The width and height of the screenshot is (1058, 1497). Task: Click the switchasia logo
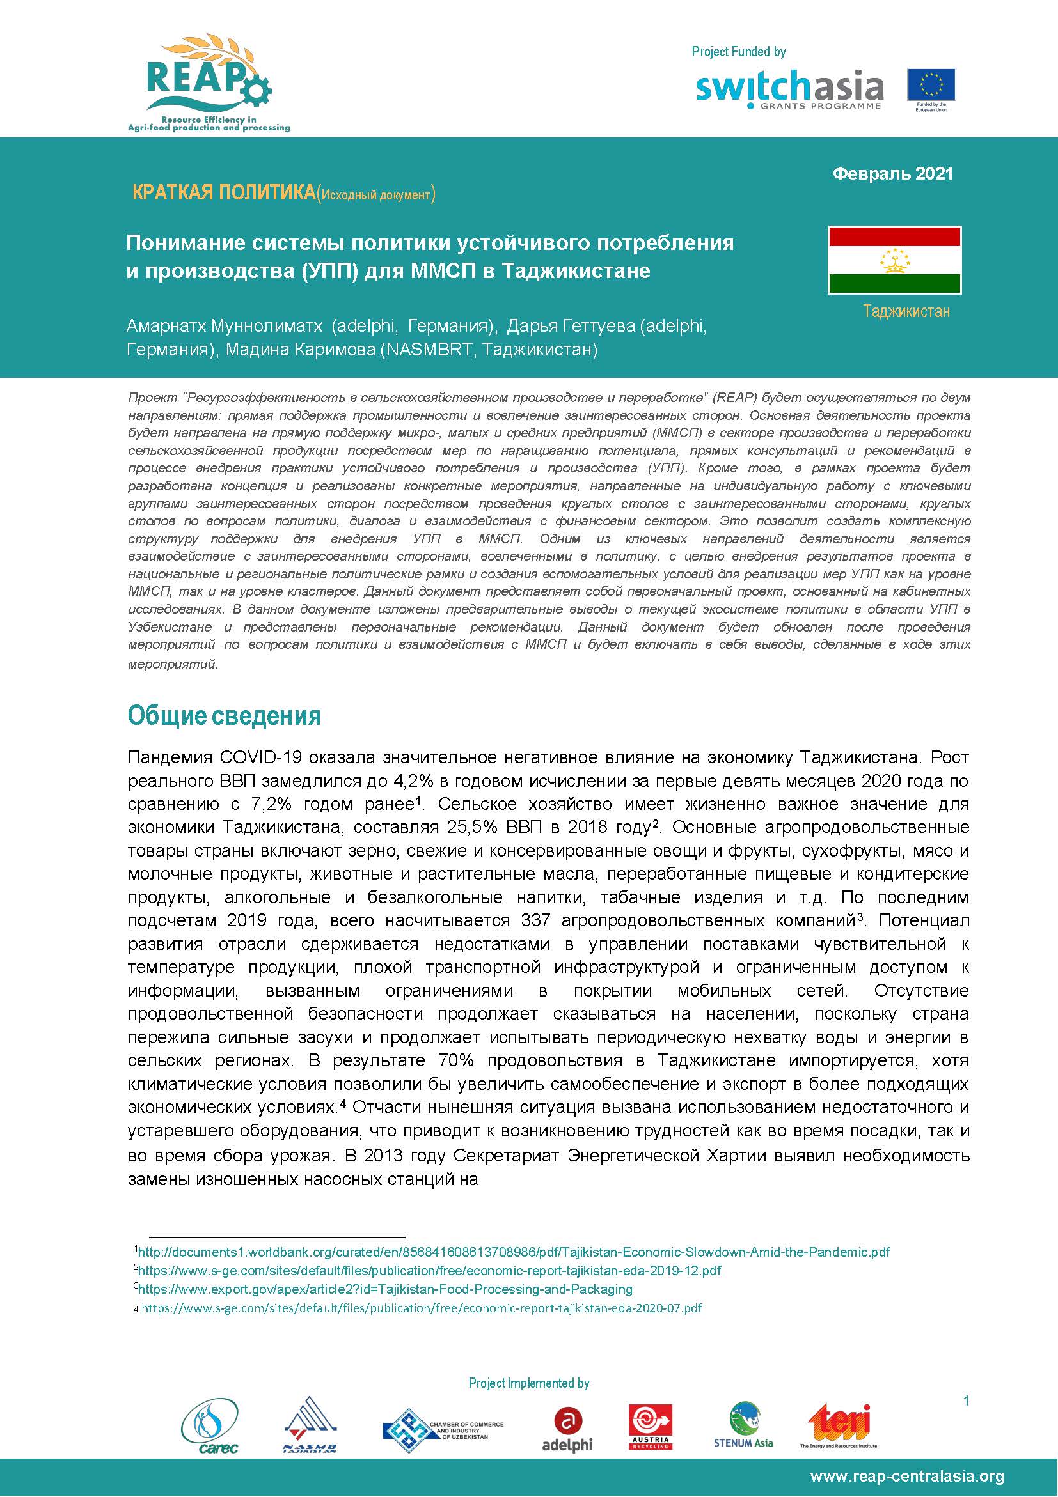(x=789, y=89)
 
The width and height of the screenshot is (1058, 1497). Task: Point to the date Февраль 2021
(x=892, y=174)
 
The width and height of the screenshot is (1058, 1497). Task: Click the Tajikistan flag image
(x=894, y=260)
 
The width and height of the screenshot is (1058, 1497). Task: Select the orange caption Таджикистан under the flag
(x=906, y=312)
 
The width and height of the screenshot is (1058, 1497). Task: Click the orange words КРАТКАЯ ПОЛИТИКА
(x=223, y=193)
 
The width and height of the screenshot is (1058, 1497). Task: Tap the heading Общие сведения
(x=224, y=716)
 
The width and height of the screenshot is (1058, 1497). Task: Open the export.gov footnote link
(x=386, y=1289)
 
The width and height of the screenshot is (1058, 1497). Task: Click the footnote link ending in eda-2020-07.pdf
(x=422, y=1308)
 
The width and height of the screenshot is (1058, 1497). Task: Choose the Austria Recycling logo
(x=650, y=1427)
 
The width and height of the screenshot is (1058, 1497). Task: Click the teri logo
(x=839, y=1425)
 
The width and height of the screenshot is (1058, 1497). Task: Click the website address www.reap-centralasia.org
(x=906, y=1477)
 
